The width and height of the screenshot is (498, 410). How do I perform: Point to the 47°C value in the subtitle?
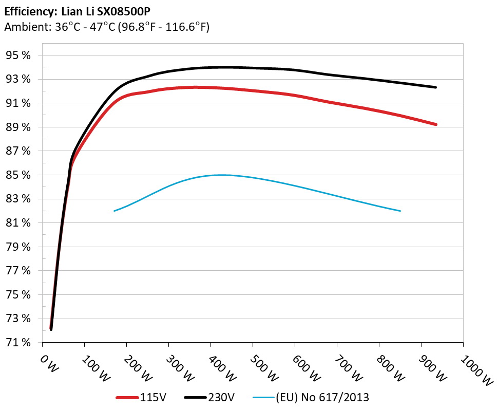coord(103,27)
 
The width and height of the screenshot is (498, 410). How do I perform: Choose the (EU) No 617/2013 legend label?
coord(322,397)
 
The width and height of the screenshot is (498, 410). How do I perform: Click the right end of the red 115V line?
coord(436,124)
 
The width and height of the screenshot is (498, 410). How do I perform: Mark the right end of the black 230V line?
coord(436,87)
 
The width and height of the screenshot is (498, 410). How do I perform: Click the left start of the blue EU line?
coord(114,211)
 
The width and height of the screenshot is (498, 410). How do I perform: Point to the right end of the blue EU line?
coord(400,211)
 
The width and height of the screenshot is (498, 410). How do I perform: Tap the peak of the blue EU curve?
coord(221,175)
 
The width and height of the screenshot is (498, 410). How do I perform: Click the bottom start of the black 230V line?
coord(51,329)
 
